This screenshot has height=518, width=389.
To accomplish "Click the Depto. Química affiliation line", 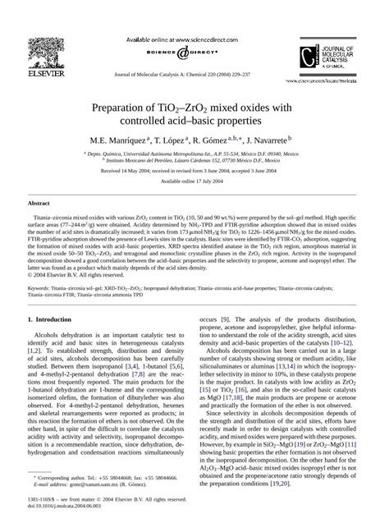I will [x=194, y=154].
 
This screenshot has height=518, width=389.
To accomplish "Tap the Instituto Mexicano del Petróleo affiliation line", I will [x=194, y=161].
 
